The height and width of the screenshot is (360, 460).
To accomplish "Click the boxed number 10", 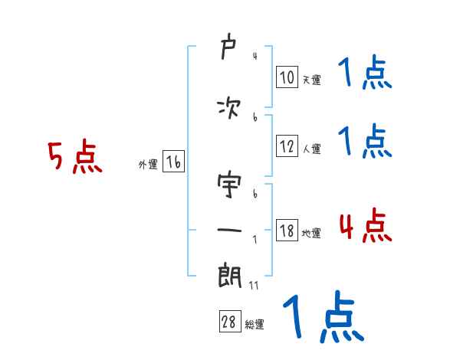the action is (287, 77).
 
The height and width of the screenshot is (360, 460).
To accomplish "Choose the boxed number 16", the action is (173, 162).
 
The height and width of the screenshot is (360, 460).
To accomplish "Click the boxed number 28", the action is (229, 322).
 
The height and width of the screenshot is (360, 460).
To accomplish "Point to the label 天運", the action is (311, 79).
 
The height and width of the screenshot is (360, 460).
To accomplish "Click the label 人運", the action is (311, 149).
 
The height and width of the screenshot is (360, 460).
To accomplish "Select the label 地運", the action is (311, 233).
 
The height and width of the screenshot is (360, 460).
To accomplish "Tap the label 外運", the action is (148, 164).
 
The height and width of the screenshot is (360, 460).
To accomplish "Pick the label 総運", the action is (255, 324).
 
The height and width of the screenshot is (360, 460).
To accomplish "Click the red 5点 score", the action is (74, 158).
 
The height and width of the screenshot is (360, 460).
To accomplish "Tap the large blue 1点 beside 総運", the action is (322, 316).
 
